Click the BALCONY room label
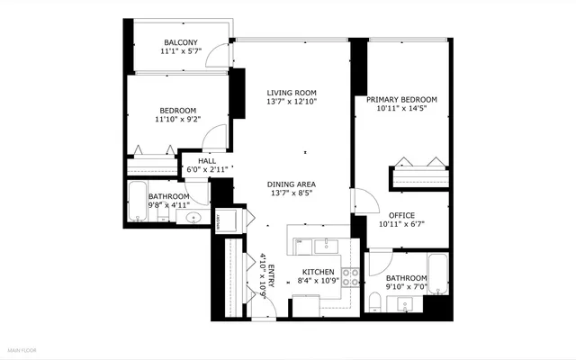[x=181, y=42]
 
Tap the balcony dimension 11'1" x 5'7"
[x=181, y=52]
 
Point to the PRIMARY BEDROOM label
[x=401, y=99]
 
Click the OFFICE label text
[x=401, y=214]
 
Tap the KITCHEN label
[x=318, y=272]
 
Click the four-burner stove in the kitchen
[x=352, y=277]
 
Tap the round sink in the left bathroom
[x=193, y=219]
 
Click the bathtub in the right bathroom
[x=436, y=275]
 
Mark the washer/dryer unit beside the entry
[x=222, y=220]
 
